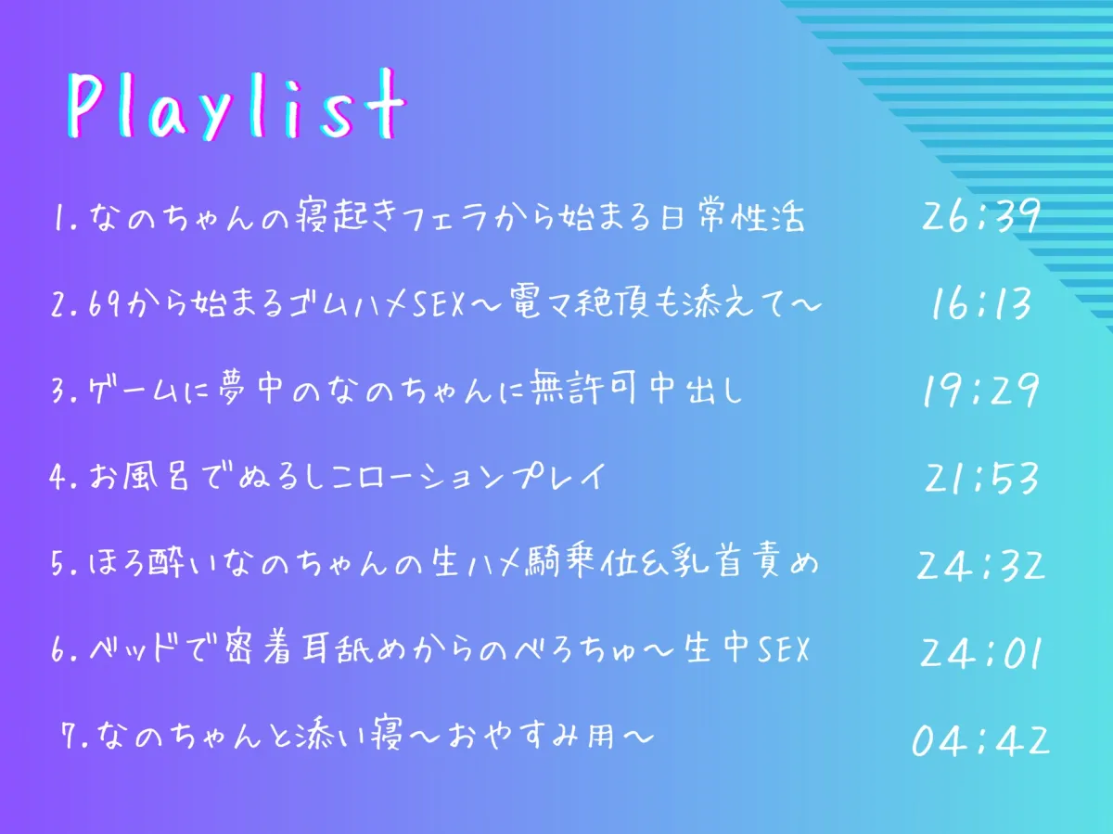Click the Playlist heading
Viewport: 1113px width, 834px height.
(237, 104)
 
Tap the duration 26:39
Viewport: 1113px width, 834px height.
(980, 215)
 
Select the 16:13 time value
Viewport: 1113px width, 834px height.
(981, 303)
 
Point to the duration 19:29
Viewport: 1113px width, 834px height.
(980, 391)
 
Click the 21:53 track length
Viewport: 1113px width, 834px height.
(981, 478)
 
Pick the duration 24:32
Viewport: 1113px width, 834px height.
(980, 565)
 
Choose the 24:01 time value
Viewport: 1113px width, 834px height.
(980, 652)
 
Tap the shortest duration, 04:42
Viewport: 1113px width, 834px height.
(980, 740)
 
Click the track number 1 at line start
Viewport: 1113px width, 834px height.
(58, 218)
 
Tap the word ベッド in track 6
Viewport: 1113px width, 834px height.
(132, 649)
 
